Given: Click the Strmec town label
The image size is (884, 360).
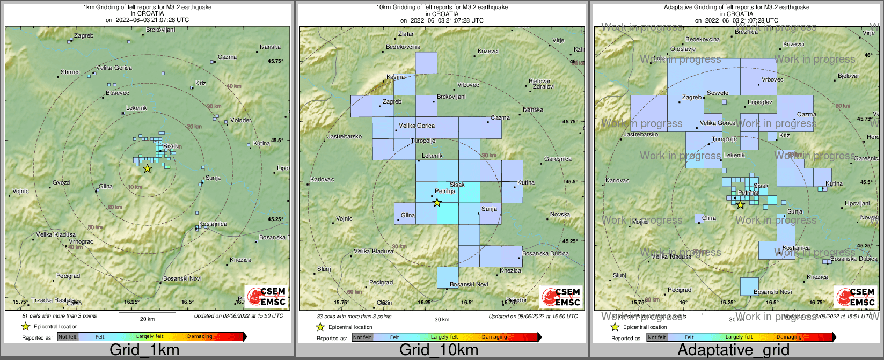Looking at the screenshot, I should pos(70,72).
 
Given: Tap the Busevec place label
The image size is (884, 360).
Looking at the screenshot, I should pos(118,93).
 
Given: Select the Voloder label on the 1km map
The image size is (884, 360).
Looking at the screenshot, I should pos(240,120).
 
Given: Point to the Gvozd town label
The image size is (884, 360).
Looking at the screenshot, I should pos(61,183).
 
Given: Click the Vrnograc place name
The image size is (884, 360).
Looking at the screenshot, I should pos(81,242).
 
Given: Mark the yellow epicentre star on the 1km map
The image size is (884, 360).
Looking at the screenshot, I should pos(148,168).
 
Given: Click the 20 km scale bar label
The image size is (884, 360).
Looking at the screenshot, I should pos(147,319).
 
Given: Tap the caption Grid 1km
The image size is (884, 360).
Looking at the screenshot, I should pos(144,350).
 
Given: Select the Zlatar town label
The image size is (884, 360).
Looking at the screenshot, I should pos(406,34).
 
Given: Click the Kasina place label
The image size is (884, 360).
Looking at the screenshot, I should pos(396,77).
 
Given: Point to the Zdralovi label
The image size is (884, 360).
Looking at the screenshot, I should pos(544,86).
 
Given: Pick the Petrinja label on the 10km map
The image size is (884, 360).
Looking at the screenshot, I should pos(444,191).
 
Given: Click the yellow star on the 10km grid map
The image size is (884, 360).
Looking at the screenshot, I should pos(437,202).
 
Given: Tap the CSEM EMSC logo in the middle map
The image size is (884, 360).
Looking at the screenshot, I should pos(560,297).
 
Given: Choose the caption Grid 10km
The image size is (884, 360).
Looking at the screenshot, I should pos(439,350).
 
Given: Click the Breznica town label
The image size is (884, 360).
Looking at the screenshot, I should pos(746,32).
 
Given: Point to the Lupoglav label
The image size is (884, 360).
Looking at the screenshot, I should pos(760,102).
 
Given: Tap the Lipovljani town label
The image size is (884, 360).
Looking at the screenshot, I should pos(857,204).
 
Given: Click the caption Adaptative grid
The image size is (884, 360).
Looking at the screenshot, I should pos(733,350).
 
